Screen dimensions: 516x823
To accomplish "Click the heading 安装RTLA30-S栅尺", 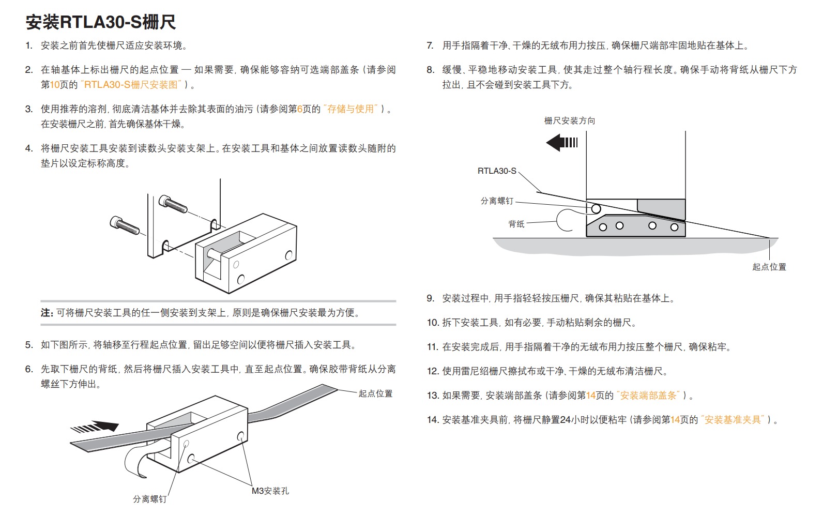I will pyautogui.click(x=101, y=22).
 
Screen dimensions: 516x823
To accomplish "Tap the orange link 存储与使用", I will pyautogui.click(x=350, y=109).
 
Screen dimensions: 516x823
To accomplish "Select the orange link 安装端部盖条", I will pyautogui.click(x=648, y=396).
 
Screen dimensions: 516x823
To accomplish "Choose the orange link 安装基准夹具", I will pyautogui.click(x=733, y=420).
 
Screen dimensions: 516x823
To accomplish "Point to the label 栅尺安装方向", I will pyautogui.click(x=569, y=121).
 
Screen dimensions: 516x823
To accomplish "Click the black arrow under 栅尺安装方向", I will pyautogui.click(x=561, y=142).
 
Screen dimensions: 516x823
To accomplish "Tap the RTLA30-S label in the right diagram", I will pyautogui.click(x=496, y=171).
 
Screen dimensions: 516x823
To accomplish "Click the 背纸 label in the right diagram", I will pyautogui.click(x=516, y=224).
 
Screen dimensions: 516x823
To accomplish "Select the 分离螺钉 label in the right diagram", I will pyautogui.click(x=496, y=201).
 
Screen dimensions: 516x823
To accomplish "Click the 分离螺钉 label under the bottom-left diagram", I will pyautogui.click(x=149, y=499).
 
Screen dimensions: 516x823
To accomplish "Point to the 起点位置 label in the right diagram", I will pyautogui.click(x=769, y=267).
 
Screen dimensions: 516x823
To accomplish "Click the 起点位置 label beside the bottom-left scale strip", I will pyautogui.click(x=375, y=394).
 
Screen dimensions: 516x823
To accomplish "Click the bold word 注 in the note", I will pyautogui.click(x=46, y=313).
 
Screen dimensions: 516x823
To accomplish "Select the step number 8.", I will pyautogui.click(x=430, y=70).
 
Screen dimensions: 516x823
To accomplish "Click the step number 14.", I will pyautogui.click(x=432, y=420).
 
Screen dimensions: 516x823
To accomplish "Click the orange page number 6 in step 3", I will pyautogui.click(x=299, y=109).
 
